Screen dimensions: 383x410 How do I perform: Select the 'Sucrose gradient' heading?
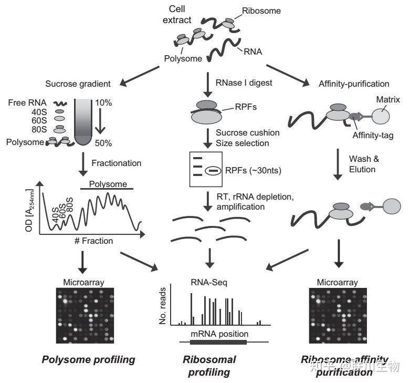tap(77, 83)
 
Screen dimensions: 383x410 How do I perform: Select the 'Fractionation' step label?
tap(117, 163)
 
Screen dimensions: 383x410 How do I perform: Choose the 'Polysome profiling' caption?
tap(88, 360)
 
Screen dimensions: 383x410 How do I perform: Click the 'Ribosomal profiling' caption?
tap(209, 366)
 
